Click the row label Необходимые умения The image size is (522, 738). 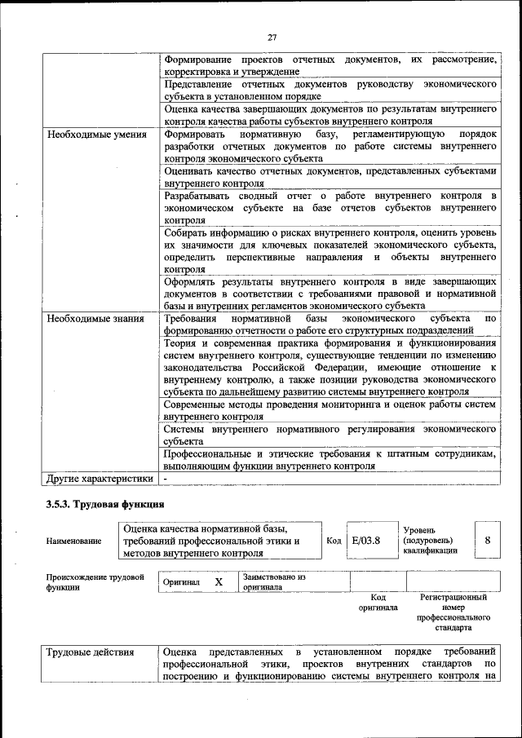[x=96, y=135]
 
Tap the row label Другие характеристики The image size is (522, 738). [x=100, y=479]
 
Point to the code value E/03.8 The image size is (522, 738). [x=365, y=540]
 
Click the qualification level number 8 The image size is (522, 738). [x=487, y=540]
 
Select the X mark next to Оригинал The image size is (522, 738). [x=219, y=582]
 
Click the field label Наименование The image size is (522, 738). [x=74, y=541]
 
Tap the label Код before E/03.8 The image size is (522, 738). [x=334, y=540]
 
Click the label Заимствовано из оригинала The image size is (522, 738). [x=274, y=581]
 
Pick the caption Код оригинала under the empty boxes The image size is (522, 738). [x=378, y=602]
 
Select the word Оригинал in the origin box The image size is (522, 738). [x=181, y=582]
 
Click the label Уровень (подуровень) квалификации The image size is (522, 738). [x=430, y=540]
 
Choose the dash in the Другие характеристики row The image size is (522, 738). [x=166, y=479]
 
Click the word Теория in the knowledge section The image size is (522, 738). [x=181, y=343]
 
